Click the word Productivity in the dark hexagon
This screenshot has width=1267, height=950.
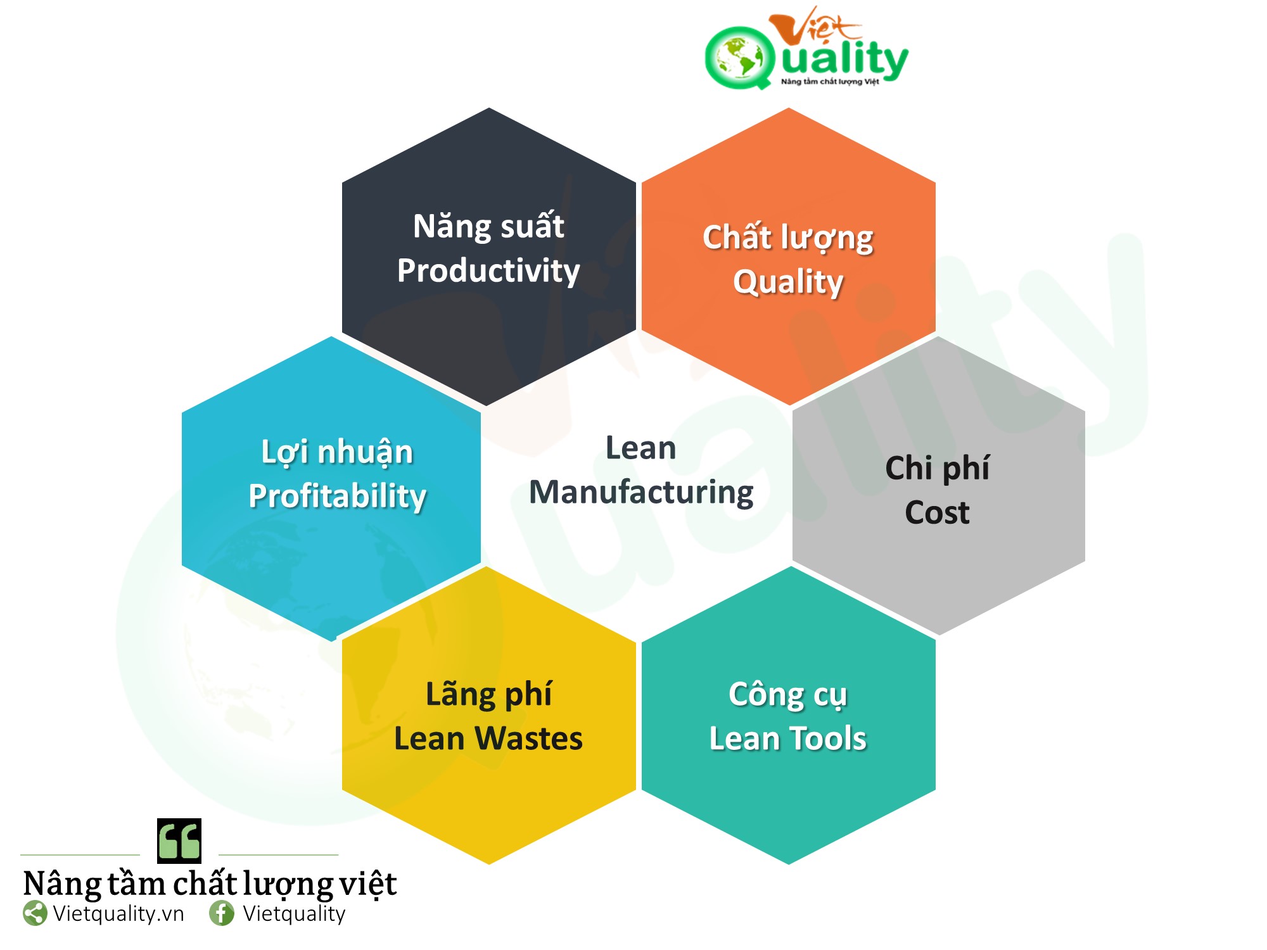tap(488, 271)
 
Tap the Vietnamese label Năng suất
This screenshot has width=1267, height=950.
tap(488, 225)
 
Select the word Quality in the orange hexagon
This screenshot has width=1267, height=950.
tap(788, 282)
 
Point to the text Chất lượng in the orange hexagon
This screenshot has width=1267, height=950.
tap(788, 238)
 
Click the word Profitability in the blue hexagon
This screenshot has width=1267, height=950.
tap(337, 496)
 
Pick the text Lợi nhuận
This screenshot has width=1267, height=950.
tap(337, 452)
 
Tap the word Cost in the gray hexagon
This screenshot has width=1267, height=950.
tap(937, 512)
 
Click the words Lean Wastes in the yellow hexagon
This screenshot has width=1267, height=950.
tap(488, 738)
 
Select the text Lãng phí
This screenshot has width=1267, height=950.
tap(488, 695)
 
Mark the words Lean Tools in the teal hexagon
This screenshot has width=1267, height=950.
tap(788, 738)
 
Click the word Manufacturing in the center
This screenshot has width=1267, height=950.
tap(641, 493)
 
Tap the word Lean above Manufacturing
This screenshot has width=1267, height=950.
tap(641, 448)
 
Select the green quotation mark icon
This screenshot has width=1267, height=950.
tap(179, 841)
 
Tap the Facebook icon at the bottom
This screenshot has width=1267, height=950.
tap(222, 913)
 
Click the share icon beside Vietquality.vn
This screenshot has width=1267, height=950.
tap(35, 913)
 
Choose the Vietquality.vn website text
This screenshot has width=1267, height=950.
tap(118, 914)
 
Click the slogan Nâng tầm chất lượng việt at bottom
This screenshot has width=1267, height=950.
tap(210, 884)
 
